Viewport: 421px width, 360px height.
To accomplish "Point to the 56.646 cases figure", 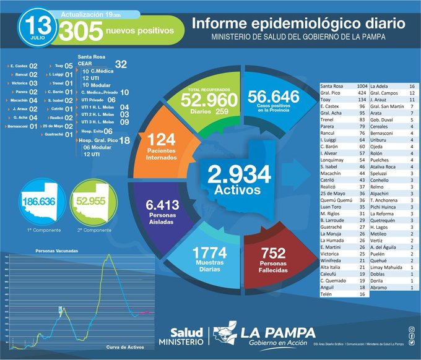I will pyautogui.click(x=273, y=96).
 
